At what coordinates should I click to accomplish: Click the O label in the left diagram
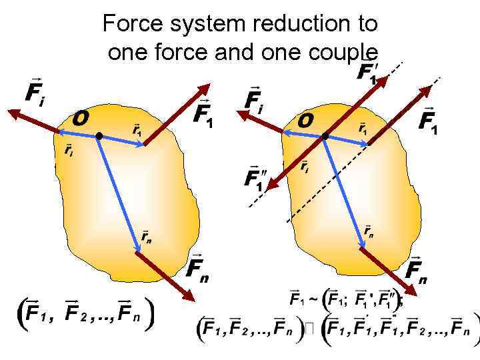(81, 119)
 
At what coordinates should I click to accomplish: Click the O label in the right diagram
(305, 121)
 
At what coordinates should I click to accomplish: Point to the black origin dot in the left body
(99, 136)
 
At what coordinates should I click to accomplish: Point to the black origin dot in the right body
(325, 137)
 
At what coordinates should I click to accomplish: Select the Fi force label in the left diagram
(35, 91)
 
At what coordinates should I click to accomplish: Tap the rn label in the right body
(368, 231)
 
